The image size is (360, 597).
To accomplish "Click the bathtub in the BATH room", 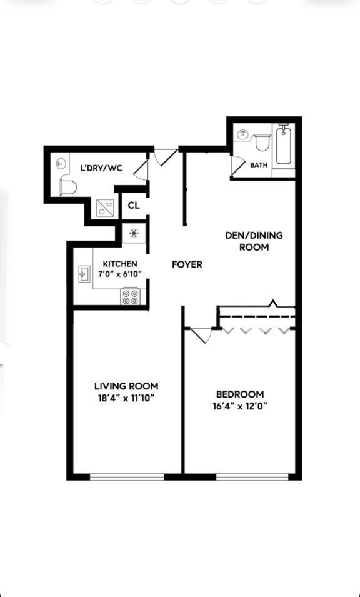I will [x=284, y=145].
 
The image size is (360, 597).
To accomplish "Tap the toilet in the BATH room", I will [x=262, y=143].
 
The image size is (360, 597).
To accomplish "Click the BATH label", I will [x=259, y=166].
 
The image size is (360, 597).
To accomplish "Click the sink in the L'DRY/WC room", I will [x=61, y=163].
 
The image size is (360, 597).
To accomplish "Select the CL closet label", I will [x=134, y=206].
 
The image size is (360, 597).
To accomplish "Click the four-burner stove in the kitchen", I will [x=131, y=296].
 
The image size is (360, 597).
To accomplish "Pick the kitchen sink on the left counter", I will [x=83, y=273].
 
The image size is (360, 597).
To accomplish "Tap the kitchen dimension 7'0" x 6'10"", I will [x=120, y=274].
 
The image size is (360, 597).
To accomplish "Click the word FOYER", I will [x=187, y=264].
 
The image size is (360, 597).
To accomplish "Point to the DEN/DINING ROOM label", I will [x=254, y=241].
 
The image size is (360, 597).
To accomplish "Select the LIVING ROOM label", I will [x=126, y=386].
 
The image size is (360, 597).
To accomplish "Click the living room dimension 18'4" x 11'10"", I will [x=126, y=398].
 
